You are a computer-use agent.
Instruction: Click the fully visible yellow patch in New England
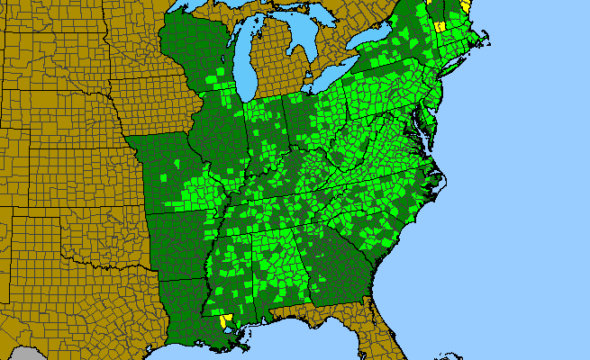[x=440, y=26]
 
